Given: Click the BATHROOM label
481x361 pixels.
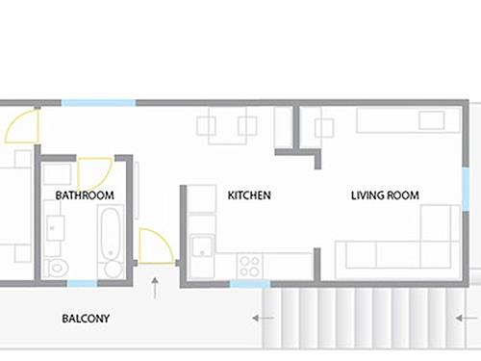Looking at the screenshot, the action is pos(85,195).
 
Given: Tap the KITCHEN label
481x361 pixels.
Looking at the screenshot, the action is pos(249,195).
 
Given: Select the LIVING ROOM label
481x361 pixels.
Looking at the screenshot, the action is pos(385,195).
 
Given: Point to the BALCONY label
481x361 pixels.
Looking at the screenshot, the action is pos(86,319).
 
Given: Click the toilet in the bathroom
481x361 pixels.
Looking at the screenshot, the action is pos(56,268).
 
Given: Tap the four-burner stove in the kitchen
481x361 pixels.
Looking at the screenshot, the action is pos(250,266).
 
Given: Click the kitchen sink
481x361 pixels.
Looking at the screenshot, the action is pos(202,246).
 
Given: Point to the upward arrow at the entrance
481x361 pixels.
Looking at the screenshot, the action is pos(155,288).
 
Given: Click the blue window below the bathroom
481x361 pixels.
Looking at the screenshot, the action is pos(82,283).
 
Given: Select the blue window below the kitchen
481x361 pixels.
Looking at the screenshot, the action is pos(250,284).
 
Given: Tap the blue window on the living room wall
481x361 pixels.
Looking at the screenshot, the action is pos(466,189).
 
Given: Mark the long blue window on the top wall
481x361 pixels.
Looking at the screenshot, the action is pos(98,103).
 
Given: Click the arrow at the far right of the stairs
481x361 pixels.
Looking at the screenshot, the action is pos(467,318).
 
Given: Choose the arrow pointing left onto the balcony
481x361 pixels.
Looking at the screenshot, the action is pos(263,318).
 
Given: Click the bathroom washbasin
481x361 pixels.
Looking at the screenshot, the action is pos(55,228).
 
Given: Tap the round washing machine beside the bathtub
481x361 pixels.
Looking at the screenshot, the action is pos(114,270).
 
